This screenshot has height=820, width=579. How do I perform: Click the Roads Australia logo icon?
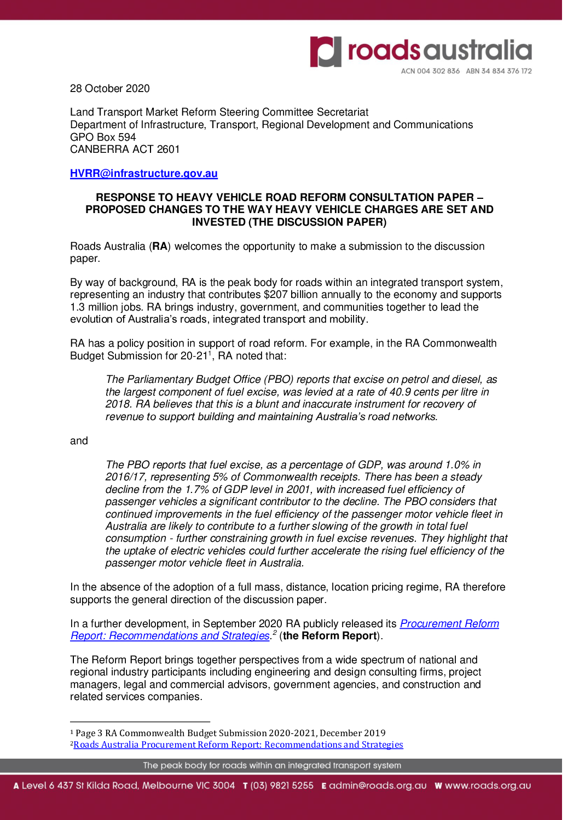click(326, 52)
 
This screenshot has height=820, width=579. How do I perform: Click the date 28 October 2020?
click(109, 89)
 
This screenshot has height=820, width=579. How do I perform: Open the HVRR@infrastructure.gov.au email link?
click(143, 174)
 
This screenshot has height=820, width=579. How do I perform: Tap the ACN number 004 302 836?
click(430, 71)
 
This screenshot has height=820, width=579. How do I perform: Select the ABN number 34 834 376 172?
click(499, 71)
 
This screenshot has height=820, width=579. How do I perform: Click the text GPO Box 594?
click(103, 137)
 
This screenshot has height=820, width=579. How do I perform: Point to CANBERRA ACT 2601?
click(125, 150)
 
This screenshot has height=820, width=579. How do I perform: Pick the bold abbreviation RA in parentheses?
click(160, 246)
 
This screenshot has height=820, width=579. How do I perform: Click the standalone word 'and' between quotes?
click(79, 441)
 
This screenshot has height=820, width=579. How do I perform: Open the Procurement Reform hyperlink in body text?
click(449, 624)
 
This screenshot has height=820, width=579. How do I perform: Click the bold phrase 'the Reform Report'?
click(330, 636)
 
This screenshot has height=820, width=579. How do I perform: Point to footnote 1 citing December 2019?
click(230, 733)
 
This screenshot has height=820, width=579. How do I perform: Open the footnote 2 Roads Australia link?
click(238, 745)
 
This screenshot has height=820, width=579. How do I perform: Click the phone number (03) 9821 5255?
click(282, 785)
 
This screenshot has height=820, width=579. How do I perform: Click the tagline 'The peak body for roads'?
click(272, 765)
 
